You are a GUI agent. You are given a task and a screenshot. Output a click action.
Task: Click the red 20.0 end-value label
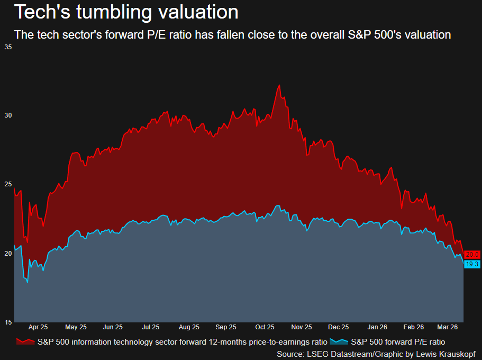click(472, 255)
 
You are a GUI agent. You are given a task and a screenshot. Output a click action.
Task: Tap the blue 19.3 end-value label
click(472, 264)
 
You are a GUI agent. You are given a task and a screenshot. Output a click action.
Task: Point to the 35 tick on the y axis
click(8, 47)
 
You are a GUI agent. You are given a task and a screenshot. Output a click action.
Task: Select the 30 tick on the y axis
click(8, 115)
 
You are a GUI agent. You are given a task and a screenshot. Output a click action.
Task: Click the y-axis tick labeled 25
click(8, 184)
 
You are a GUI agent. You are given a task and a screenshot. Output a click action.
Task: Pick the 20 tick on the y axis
click(8, 253)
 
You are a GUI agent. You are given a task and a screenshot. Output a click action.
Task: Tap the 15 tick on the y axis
click(8, 322)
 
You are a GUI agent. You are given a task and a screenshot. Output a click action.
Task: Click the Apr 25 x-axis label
click(38, 327)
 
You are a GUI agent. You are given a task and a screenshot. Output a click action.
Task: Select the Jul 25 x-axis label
click(151, 327)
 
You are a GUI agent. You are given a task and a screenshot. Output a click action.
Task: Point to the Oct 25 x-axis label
click(264, 327)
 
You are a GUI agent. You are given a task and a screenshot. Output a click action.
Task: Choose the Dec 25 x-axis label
click(339, 327)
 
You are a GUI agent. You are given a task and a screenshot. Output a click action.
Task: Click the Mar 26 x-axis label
click(448, 327)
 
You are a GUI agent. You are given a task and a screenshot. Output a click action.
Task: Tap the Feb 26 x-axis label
click(413, 327)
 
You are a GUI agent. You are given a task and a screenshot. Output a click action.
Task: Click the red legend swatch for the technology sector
click(25, 342)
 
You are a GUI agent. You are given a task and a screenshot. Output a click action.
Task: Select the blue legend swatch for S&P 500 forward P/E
click(339, 342)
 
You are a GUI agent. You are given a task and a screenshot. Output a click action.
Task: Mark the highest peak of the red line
click(279, 85)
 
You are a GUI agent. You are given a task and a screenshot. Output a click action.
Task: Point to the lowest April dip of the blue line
click(27, 282)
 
